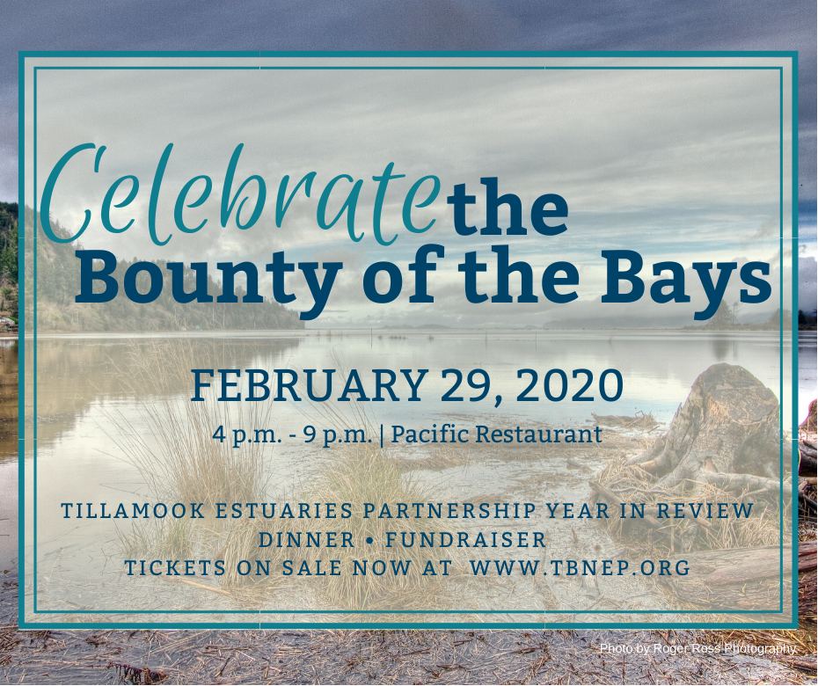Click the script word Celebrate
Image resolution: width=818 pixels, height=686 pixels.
tap(237, 195)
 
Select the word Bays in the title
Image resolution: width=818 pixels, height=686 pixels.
tap(686, 281)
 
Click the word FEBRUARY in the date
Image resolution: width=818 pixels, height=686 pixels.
tap(310, 385)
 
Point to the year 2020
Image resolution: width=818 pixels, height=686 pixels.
tap(570, 385)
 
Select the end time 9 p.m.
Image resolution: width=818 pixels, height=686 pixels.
tap(338, 434)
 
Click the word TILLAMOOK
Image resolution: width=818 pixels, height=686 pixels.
tap(133, 511)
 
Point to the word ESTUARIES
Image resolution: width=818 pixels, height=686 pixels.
tap(285, 511)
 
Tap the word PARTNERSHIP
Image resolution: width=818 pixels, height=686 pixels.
tap(449, 511)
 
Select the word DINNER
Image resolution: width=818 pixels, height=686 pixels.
tap(307, 539)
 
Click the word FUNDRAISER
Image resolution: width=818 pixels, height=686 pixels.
tap(466, 539)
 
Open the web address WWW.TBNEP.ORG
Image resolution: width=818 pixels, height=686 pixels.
tap(581, 567)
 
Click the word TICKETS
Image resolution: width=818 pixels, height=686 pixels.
tap(175, 567)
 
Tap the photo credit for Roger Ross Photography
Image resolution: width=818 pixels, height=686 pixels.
tap(698, 648)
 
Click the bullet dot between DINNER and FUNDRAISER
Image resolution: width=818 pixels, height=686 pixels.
tap(370, 541)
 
